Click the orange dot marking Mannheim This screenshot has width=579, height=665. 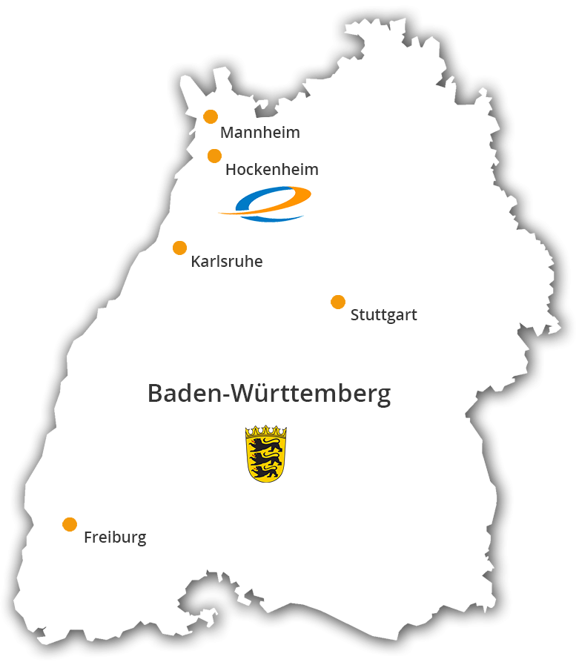click(x=211, y=116)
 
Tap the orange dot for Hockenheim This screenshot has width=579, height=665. click(x=214, y=156)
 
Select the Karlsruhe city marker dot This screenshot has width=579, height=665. click(x=179, y=248)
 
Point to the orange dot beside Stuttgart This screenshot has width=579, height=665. click(x=338, y=302)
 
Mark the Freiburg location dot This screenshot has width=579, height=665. click(x=70, y=524)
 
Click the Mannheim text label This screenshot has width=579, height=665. click(x=260, y=133)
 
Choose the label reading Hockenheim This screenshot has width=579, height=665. click(x=271, y=170)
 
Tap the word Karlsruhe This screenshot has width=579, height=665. click(x=226, y=262)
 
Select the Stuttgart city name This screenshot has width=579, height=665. click(x=383, y=315)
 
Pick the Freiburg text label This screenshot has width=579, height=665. click(x=115, y=537)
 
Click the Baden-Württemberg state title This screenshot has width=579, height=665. click(x=268, y=394)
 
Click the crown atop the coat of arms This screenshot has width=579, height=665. click(x=266, y=431)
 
